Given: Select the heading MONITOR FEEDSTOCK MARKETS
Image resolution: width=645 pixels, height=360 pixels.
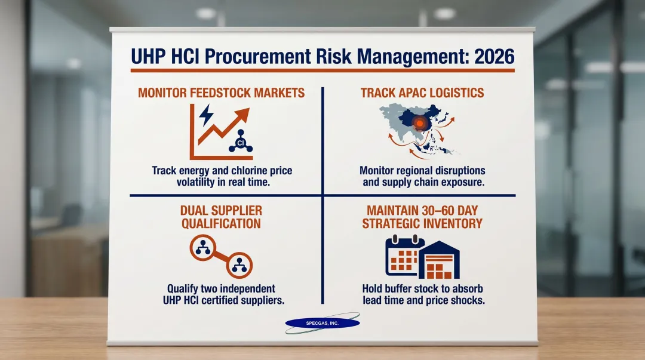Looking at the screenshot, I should coord(221,93).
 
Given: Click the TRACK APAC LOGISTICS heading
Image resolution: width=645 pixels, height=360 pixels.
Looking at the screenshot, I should coord(422,93).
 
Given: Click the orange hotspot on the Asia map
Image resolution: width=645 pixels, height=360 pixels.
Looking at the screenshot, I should coord(420,124).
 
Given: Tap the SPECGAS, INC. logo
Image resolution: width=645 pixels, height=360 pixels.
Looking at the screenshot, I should coord(322,323).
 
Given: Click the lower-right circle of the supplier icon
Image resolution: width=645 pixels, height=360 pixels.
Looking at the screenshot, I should coord(240,264).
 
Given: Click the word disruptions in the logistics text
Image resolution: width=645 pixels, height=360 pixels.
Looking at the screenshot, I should coord(459,170).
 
